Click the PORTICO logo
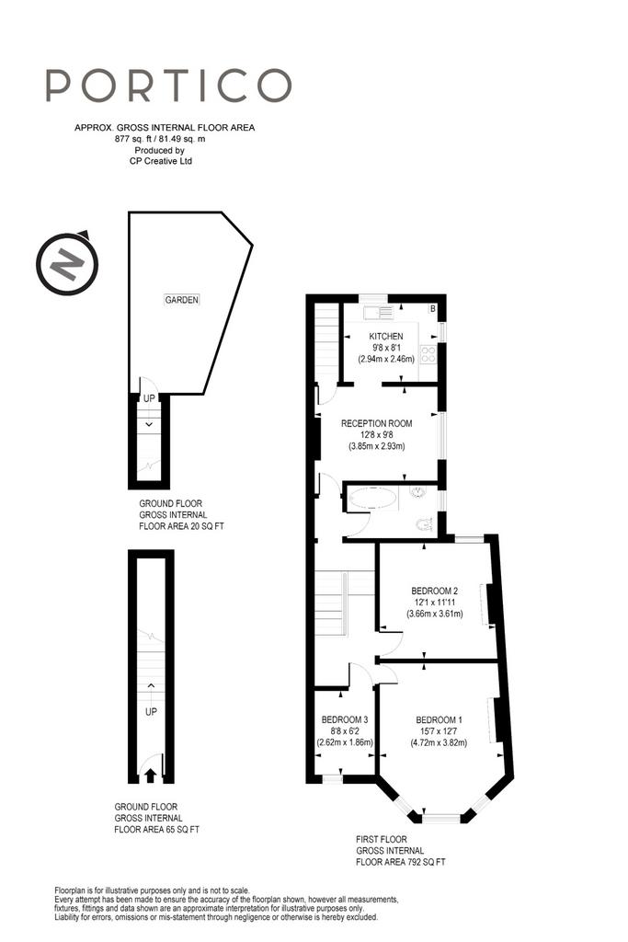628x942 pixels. click(168, 85)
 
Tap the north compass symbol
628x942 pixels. click(66, 262)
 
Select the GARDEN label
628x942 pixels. click(181, 300)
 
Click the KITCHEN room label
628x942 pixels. click(386, 337)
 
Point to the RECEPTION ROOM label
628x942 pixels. click(377, 423)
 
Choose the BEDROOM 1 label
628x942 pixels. click(439, 719)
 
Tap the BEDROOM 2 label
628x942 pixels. click(435, 592)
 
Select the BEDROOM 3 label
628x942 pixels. click(345, 719)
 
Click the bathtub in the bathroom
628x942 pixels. click(372, 499)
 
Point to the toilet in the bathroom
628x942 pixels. click(425, 523)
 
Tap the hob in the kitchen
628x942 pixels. click(428, 354)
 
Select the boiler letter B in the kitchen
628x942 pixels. click(431, 309)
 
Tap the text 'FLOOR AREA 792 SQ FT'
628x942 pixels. click(401, 862)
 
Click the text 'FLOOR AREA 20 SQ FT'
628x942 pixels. click(181, 526)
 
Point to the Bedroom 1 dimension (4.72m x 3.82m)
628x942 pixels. click(439, 742)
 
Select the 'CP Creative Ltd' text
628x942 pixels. click(161, 161)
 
